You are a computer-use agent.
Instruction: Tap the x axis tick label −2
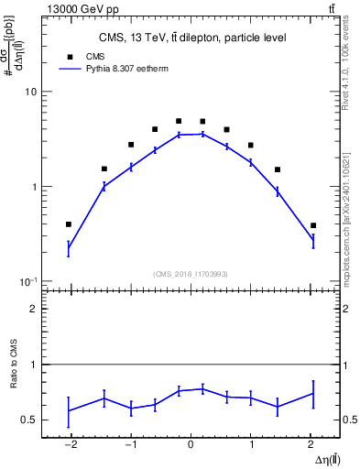click(x=68, y=444)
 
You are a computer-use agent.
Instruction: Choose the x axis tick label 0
click(x=191, y=444)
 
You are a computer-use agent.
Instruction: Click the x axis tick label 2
click(x=311, y=444)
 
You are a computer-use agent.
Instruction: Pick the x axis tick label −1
click(x=129, y=444)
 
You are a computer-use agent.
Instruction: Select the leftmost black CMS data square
click(x=69, y=224)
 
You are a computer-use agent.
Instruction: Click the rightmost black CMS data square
click(x=313, y=225)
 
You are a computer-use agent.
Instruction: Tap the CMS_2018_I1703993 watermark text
click(x=191, y=273)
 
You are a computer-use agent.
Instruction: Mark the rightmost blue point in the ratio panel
click(x=313, y=393)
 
